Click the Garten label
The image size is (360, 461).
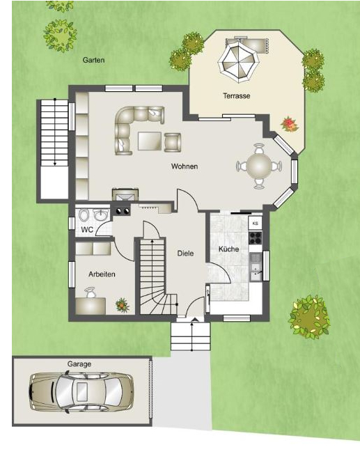tap(93, 60)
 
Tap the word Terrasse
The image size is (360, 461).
tap(237, 96)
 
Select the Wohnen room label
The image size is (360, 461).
tap(185, 166)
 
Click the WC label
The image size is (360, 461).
tap(87, 230)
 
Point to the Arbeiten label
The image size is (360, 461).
tap(102, 274)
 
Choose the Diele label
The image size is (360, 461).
tap(185, 253)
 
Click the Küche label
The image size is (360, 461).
tap(228, 249)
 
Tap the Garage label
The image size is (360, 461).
tap(79, 364)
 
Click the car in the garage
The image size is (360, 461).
tap(81, 392)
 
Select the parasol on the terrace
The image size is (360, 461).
tap(238, 61)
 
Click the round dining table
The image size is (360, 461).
tap(259, 166)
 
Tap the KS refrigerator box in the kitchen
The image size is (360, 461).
tap(256, 224)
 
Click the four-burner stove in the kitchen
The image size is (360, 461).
tap(256, 237)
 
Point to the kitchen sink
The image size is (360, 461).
tap(256, 267)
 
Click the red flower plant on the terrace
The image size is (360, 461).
tap(290, 125)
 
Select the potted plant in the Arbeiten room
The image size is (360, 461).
tap(123, 305)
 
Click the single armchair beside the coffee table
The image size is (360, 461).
tap(173, 142)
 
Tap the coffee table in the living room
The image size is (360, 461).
tap(150, 141)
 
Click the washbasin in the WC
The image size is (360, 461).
tap(101, 215)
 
